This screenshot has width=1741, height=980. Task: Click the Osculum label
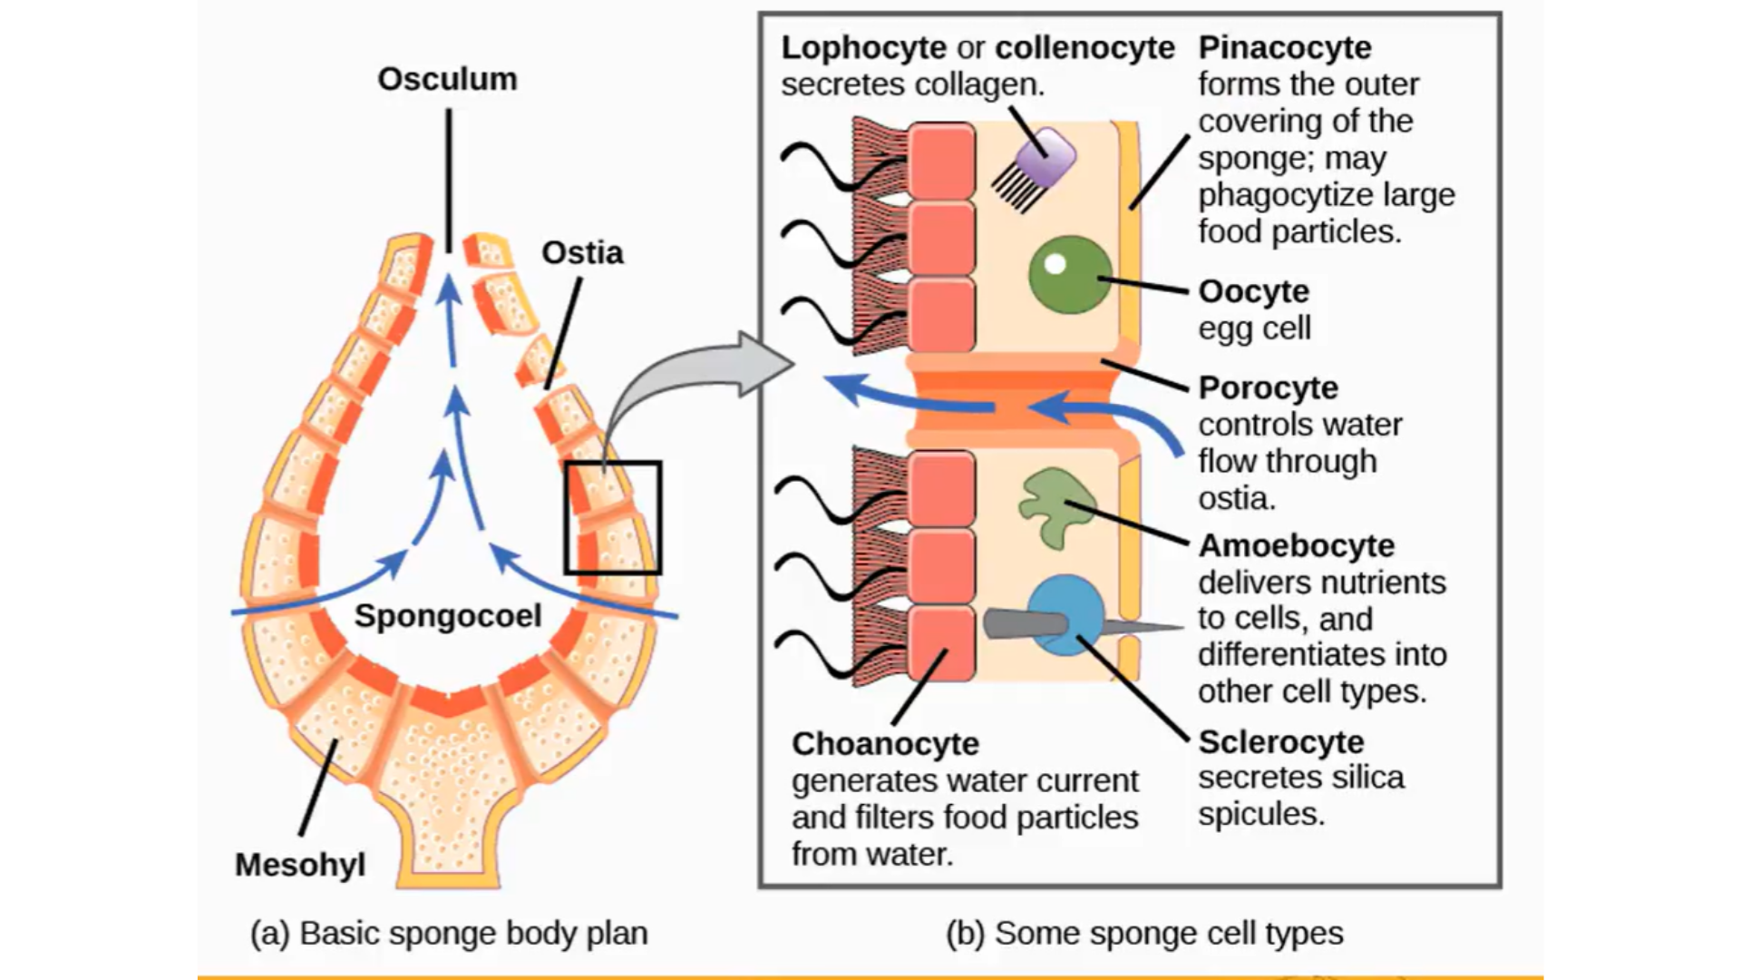coord(447,80)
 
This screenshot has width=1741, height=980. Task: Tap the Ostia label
coord(582,253)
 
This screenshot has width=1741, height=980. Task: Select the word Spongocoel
coord(448,616)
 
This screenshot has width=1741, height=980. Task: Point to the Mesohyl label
coord(300,865)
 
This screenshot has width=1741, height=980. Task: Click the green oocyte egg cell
coord(1070,275)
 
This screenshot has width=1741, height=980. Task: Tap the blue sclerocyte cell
coord(1066,615)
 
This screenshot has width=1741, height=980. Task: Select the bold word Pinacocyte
coord(1285,47)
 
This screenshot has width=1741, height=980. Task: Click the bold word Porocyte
coord(1268,388)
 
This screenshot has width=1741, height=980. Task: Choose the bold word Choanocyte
coord(885,744)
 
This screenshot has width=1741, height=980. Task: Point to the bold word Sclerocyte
coord(1280,742)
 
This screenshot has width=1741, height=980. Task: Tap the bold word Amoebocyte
coord(1296,546)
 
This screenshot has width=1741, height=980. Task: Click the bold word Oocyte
coord(1253,292)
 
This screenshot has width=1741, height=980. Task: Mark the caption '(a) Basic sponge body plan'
coord(449,934)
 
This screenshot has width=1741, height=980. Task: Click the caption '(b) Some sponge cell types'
coord(1144,934)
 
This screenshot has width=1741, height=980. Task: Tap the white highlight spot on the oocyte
coord(1055,264)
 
